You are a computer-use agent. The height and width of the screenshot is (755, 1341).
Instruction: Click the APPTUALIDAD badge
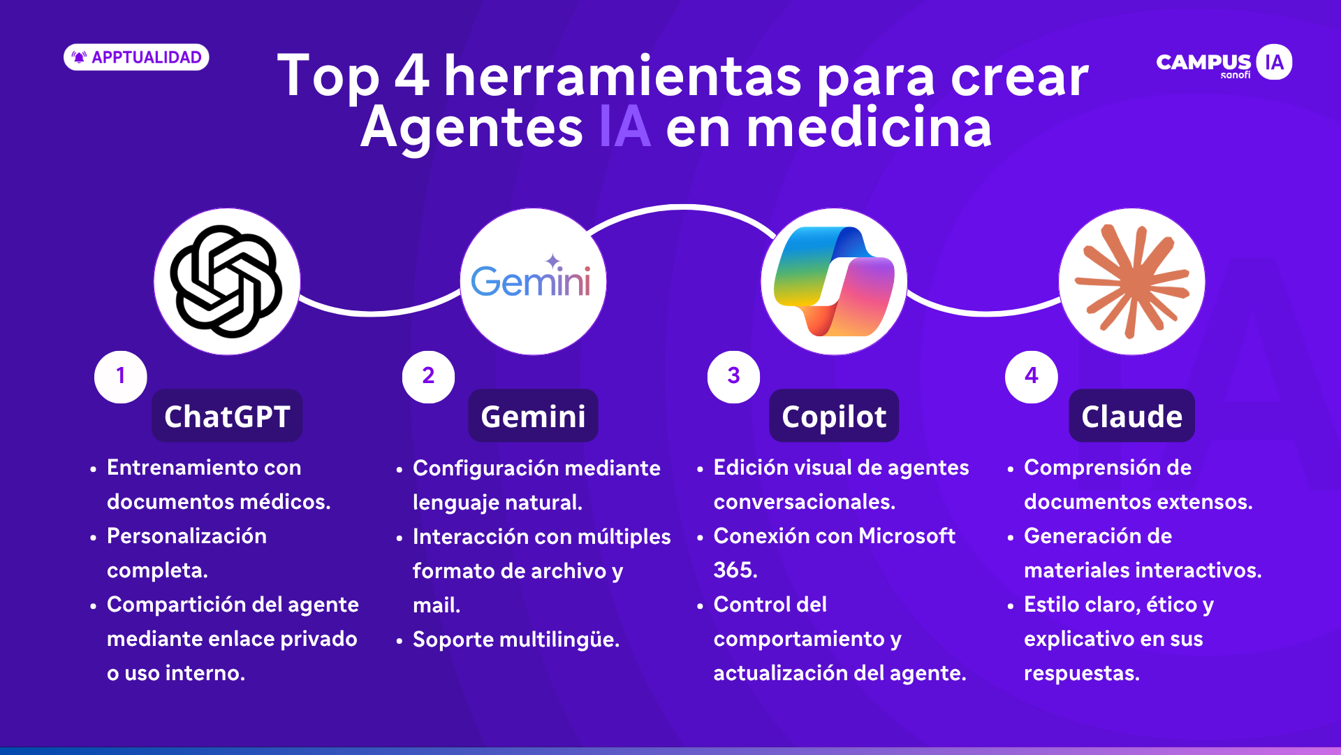click(136, 57)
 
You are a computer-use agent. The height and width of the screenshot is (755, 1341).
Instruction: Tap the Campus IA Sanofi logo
click(1224, 62)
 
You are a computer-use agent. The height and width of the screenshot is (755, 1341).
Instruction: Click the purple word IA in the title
click(625, 127)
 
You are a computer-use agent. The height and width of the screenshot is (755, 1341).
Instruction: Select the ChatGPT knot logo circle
click(227, 282)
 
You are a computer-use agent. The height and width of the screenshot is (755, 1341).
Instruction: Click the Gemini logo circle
click(533, 282)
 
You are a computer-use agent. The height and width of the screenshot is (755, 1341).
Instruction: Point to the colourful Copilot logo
click(834, 282)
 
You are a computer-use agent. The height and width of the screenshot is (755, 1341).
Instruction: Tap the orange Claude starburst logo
click(1132, 282)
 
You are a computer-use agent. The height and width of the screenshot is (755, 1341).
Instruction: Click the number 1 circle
click(121, 377)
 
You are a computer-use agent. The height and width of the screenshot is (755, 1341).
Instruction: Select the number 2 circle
click(428, 377)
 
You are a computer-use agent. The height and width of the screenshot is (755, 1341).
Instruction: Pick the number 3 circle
click(733, 377)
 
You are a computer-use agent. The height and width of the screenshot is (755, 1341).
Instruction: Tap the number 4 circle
click(1032, 377)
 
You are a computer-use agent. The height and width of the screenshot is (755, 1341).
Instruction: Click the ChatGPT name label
click(227, 416)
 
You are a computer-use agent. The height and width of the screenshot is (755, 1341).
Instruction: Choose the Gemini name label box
click(533, 416)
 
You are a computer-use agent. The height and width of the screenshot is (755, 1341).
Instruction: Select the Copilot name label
click(834, 416)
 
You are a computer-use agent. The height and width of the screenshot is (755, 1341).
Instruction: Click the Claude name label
click(1132, 416)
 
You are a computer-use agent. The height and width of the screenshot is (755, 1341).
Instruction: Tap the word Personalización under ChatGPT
click(186, 537)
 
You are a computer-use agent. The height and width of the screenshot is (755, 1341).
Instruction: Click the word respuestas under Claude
click(1082, 674)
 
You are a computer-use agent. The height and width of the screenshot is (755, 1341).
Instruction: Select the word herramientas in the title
click(623, 76)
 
